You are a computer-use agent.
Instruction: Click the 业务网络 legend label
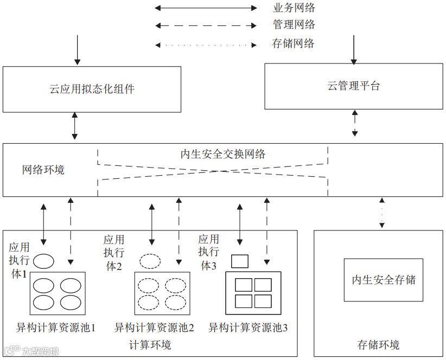(x=294, y=8)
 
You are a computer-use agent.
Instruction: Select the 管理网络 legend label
(x=294, y=25)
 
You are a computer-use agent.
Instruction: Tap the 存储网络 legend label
(x=294, y=44)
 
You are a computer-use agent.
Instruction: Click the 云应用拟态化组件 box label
(x=92, y=89)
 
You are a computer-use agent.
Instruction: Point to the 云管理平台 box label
(x=354, y=86)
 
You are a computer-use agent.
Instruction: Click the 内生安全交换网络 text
(x=223, y=154)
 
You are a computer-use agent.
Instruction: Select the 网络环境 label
(x=43, y=170)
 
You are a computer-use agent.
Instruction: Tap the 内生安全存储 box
(x=384, y=279)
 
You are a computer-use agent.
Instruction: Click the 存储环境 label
(x=378, y=345)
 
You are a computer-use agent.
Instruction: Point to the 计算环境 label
(x=150, y=345)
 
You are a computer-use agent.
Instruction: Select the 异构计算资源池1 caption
(x=56, y=328)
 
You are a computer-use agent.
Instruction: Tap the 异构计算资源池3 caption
(x=248, y=328)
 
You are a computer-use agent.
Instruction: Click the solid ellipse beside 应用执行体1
(x=43, y=261)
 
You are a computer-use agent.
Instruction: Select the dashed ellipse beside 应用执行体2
(x=151, y=261)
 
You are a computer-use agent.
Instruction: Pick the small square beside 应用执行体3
(x=239, y=261)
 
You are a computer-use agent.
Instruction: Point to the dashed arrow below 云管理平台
(x=355, y=124)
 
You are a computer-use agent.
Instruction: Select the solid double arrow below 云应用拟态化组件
(x=76, y=128)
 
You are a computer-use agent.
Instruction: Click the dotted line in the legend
(x=206, y=44)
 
